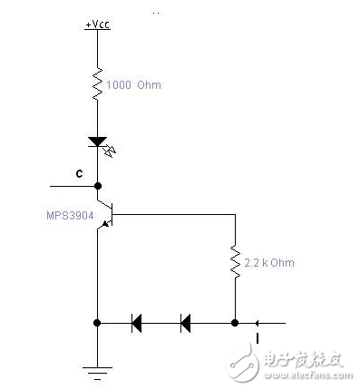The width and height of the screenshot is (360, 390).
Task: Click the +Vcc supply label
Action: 96,24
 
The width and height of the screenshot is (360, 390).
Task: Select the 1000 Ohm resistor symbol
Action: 97,84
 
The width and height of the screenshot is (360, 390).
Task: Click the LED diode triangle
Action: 97,142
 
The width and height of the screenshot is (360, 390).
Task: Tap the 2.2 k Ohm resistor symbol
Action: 235,262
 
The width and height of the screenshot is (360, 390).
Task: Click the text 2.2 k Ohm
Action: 269,263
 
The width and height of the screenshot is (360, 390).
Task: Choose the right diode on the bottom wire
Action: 186,321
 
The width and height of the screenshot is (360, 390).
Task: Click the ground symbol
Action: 97,368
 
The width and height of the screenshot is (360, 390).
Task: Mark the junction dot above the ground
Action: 97,321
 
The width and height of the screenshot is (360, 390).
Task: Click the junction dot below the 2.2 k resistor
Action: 235,321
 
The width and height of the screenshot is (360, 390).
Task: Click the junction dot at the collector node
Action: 97,186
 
